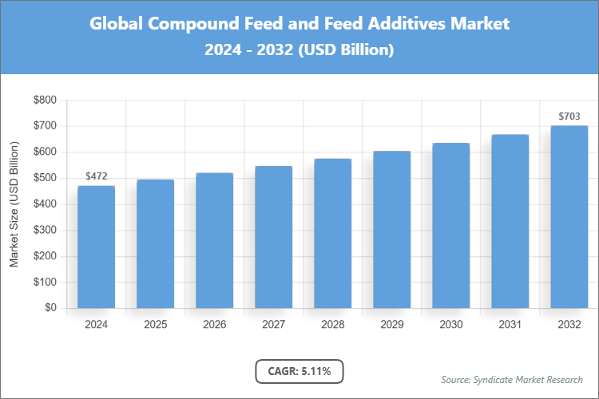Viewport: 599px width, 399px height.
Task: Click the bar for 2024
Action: (x=96, y=247)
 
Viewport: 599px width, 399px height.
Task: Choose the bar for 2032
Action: (x=569, y=217)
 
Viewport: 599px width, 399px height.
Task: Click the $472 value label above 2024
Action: (x=96, y=176)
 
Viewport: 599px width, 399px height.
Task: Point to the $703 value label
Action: (x=569, y=117)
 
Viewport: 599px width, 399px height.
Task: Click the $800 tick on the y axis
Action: (x=45, y=101)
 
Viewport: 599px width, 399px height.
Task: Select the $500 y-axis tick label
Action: (x=45, y=178)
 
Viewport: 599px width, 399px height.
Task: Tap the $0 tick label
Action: (x=50, y=308)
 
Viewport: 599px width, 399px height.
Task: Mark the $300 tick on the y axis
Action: (x=45, y=231)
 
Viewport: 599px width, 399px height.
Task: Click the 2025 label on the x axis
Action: (x=155, y=325)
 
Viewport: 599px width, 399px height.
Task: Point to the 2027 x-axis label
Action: (x=273, y=325)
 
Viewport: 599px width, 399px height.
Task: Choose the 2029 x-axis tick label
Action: (x=391, y=325)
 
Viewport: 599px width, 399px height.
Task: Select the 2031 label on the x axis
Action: (x=510, y=325)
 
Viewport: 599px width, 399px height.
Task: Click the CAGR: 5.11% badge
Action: (x=299, y=371)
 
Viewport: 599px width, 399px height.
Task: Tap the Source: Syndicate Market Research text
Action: (x=511, y=379)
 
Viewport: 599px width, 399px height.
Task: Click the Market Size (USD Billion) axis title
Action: (x=14, y=204)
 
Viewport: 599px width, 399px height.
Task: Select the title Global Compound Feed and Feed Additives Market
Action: (x=299, y=24)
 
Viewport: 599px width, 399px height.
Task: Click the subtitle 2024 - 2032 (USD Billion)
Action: (x=299, y=50)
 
